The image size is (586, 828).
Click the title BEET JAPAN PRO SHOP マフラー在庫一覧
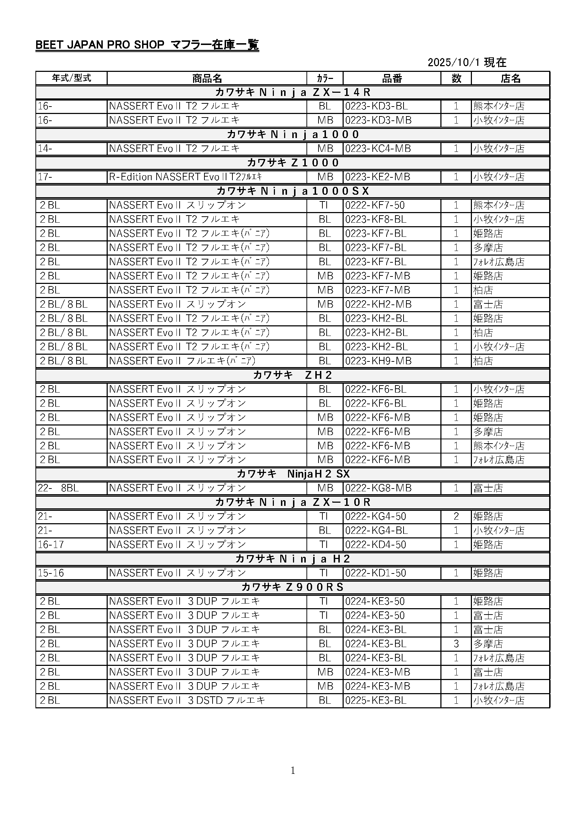(x=147, y=45)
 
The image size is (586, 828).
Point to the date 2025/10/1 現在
(x=467, y=62)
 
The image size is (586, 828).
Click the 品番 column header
(x=392, y=78)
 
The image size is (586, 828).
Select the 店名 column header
(x=510, y=78)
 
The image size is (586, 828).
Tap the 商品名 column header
(x=207, y=78)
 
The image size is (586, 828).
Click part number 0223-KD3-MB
(x=378, y=120)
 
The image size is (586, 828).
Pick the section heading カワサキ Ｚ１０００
(x=293, y=162)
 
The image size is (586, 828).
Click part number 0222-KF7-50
(x=375, y=205)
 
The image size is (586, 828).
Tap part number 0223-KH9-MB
(x=378, y=361)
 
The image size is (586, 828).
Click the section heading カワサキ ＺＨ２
(x=293, y=375)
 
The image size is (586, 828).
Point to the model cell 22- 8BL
(x=58, y=488)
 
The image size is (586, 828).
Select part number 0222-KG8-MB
(x=378, y=488)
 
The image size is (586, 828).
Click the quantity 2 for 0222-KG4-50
(x=456, y=516)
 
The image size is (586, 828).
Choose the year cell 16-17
(x=51, y=544)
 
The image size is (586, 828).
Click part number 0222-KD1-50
(x=376, y=573)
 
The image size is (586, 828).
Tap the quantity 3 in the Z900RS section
(x=456, y=644)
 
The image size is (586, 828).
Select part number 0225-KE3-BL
(x=376, y=700)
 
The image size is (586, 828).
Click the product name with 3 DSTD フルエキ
(x=187, y=700)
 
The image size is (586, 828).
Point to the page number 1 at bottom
(x=293, y=770)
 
